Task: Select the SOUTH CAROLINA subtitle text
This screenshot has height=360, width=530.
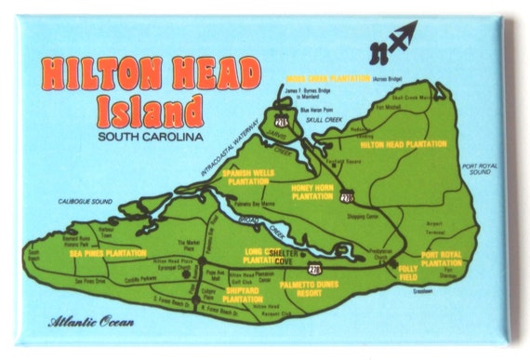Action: (x=149, y=138)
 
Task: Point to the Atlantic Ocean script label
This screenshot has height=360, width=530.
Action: (x=91, y=323)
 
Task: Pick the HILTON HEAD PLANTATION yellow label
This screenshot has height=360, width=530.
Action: (x=402, y=145)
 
